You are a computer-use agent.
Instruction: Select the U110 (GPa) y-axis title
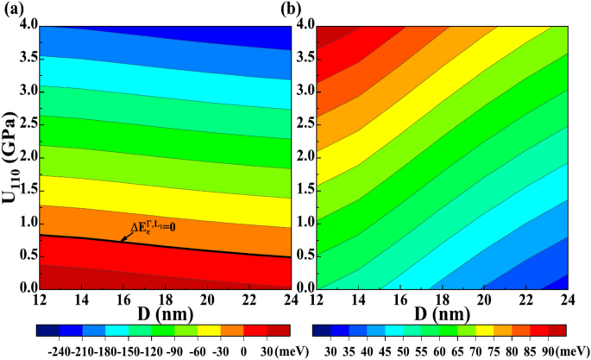click(x=10, y=158)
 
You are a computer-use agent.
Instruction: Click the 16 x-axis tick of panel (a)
click(x=122, y=299)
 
